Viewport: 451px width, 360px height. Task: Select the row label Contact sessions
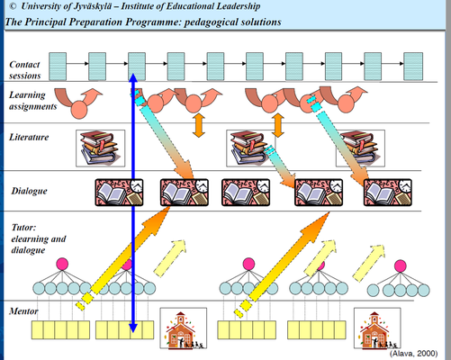click(x=24, y=70)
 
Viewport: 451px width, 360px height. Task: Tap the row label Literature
click(x=29, y=137)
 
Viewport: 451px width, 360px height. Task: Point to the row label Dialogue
click(x=29, y=191)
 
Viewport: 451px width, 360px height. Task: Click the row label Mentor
click(x=23, y=311)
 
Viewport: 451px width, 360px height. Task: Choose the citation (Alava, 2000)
click(x=413, y=354)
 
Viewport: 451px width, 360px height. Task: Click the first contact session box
click(x=58, y=67)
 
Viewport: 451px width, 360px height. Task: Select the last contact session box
click(x=413, y=67)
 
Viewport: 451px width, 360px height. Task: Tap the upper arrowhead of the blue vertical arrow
click(x=133, y=77)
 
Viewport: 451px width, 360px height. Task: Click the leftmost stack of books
click(x=100, y=148)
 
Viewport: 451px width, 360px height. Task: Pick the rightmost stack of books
click(x=360, y=148)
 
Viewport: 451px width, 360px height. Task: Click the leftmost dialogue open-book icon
click(x=119, y=193)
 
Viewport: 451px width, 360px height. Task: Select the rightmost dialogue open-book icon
click(x=388, y=193)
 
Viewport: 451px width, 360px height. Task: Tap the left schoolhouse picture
click(x=184, y=328)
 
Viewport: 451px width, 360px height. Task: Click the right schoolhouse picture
click(x=377, y=328)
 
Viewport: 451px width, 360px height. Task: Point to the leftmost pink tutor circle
click(x=62, y=264)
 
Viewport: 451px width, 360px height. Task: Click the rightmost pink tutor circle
click(x=401, y=265)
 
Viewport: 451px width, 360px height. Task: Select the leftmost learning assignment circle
click(x=79, y=110)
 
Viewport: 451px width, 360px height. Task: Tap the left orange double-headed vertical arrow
click(x=199, y=125)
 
